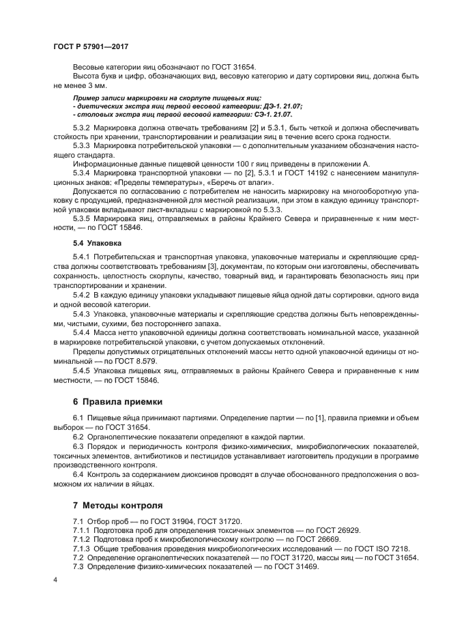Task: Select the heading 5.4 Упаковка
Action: [x=97, y=242]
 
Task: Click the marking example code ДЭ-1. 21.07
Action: [x=280, y=107]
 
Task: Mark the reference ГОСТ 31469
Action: [x=295, y=567]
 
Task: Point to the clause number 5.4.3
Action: [x=83, y=312]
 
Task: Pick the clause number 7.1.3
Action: [x=83, y=549]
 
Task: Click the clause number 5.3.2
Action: [x=83, y=128]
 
